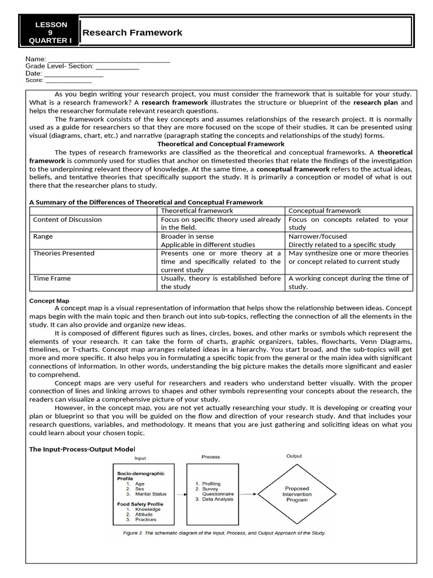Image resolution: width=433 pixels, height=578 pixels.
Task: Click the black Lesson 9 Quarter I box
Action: click(50, 33)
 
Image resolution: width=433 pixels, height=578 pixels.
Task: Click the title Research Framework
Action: click(132, 33)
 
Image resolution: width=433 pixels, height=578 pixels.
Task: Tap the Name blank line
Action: click(109, 59)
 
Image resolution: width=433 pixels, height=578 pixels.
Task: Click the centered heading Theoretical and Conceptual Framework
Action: click(220, 144)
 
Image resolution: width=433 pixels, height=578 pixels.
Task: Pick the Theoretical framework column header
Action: click(197, 211)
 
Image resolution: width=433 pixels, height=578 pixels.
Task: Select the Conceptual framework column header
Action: click(324, 211)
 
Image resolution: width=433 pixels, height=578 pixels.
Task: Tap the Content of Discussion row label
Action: click(68, 220)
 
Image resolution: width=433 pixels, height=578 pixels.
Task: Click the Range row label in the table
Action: click(43, 237)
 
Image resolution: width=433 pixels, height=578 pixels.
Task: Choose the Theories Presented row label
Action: click(64, 253)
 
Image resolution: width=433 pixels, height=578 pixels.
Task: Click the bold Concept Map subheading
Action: click(49, 301)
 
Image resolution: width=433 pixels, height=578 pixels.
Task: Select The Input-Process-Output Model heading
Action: click(82, 449)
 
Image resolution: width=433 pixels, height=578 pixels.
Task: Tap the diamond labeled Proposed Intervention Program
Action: click(297, 494)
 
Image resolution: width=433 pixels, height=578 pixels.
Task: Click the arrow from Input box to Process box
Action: click(180, 494)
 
